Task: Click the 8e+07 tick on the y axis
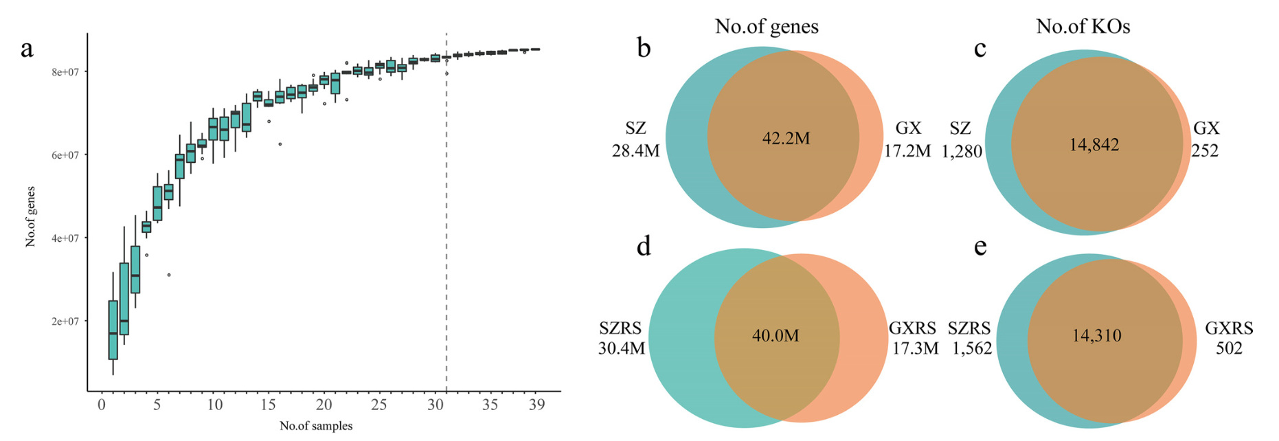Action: (67, 71)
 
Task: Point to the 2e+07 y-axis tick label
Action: (67, 321)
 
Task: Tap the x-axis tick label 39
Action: (536, 405)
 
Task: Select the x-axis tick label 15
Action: (269, 405)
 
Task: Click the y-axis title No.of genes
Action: (30, 216)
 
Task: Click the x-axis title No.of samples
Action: (316, 426)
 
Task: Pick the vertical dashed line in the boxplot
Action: (446, 206)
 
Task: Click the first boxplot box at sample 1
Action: (113, 330)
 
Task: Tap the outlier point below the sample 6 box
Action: (169, 275)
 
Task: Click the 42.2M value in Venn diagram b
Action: (786, 139)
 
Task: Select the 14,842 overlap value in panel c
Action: (1094, 145)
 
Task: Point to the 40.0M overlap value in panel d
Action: (776, 335)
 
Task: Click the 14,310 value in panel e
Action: (1096, 335)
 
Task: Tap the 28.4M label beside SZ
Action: (635, 150)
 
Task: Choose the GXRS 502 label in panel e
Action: (1229, 339)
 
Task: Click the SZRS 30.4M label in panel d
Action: (621, 339)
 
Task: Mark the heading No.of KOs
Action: (1083, 26)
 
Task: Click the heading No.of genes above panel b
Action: (767, 26)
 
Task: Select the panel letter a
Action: (27, 49)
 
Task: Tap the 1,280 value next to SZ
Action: (962, 151)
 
